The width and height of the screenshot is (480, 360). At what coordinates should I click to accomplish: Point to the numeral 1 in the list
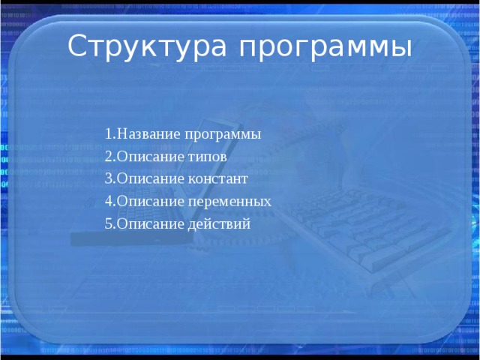click(109, 134)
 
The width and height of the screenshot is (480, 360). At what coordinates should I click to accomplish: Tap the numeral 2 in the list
click(109, 157)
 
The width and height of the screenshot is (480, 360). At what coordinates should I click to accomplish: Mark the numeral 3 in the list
click(109, 179)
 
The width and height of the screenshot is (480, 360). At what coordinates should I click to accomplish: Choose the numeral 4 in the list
click(109, 202)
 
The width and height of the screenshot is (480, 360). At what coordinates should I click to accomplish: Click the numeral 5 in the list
click(109, 224)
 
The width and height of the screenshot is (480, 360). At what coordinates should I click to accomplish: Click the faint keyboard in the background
click(352, 225)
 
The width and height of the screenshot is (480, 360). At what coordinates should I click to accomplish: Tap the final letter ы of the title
click(403, 49)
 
